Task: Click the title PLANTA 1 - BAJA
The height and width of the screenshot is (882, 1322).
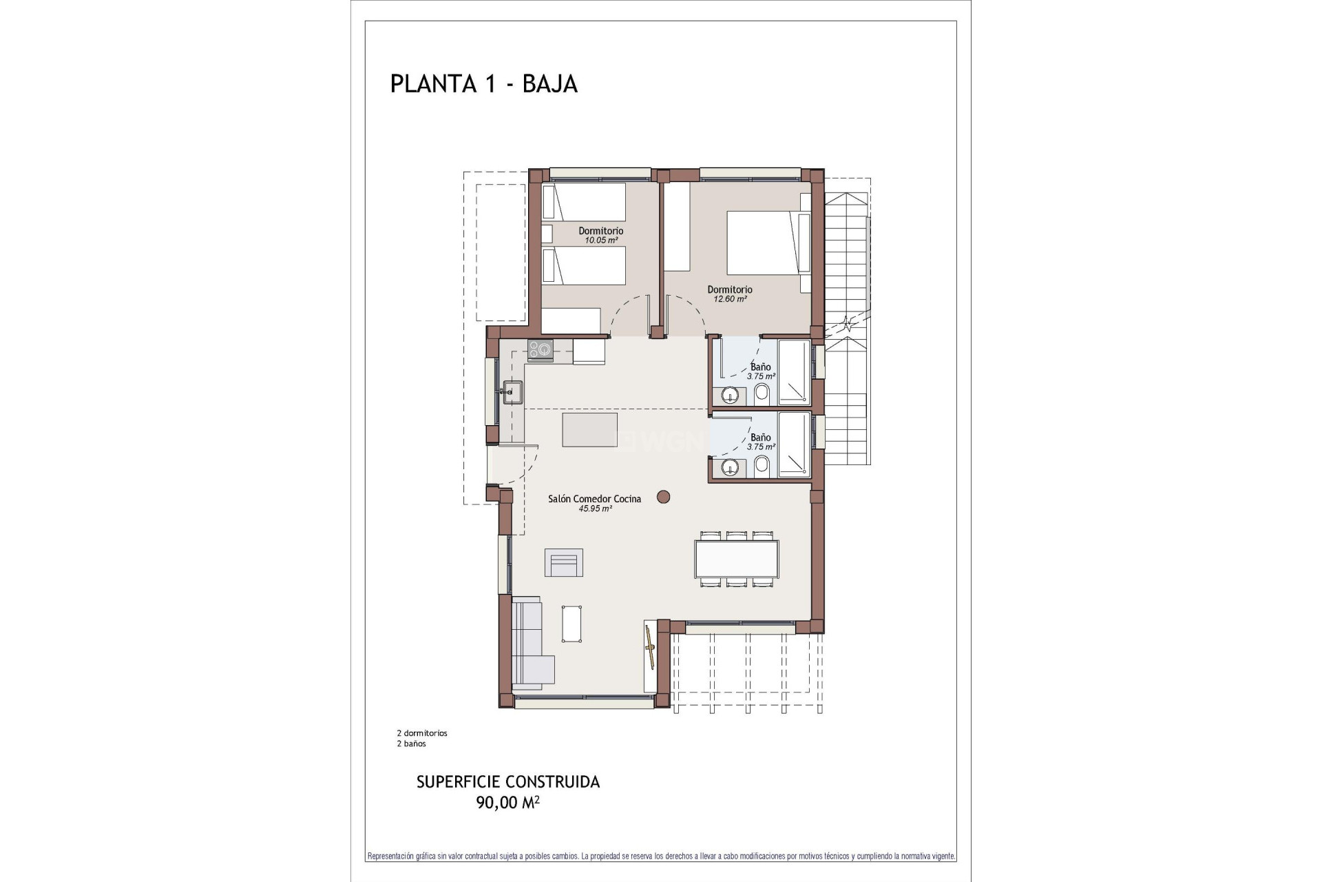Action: (x=483, y=83)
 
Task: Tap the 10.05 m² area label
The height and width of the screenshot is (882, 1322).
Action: (x=601, y=240)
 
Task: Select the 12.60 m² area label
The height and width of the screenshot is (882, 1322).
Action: (x=730, y=299)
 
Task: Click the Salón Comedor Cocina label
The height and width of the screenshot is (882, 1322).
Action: (x=594, y=499)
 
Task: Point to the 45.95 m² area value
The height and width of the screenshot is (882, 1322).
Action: (x=596, y=509)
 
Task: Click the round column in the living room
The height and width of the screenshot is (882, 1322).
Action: (x=664, y=496)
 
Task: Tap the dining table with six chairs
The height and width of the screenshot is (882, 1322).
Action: (x=736, y=559)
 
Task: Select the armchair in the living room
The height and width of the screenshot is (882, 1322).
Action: (x=564, y=562)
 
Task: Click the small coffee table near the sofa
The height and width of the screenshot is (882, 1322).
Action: (x=572, y=624)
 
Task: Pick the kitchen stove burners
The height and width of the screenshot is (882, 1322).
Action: (x=541, y=349)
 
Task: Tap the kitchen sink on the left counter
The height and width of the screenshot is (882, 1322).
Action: (x=512, y=391)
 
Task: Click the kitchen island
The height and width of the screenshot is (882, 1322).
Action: (x=589, y=429)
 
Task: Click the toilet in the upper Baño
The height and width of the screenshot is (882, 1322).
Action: (x=762, y=394)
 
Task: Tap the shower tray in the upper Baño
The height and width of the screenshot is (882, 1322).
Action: (x=794, y=371)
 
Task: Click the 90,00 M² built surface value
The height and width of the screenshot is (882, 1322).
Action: (x=507, y=802)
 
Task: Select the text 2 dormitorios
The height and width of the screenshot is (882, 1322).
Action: (x=421, y=733)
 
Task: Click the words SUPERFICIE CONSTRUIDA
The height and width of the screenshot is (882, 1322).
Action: (x=507, y=782)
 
